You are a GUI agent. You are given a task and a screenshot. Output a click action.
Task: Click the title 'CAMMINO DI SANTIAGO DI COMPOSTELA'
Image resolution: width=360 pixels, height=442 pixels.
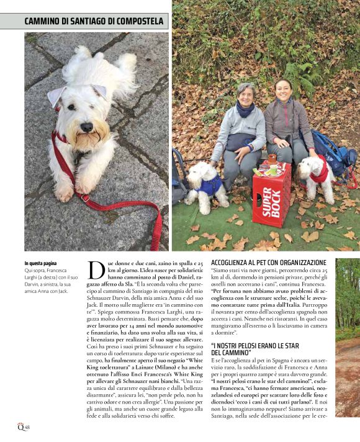coord(94,21)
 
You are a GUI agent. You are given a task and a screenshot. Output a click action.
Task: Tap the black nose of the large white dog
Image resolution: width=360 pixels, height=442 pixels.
coord(86,127)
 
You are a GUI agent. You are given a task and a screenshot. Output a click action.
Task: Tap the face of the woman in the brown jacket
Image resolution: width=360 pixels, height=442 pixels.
coord(284,91)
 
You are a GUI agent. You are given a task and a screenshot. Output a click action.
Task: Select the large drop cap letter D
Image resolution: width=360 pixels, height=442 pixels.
coord(96,269)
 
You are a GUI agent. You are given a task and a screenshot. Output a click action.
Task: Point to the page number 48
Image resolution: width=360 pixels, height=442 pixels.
coord(27,426)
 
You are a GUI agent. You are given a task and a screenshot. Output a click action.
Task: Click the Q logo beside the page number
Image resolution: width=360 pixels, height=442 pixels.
coord(20,425)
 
